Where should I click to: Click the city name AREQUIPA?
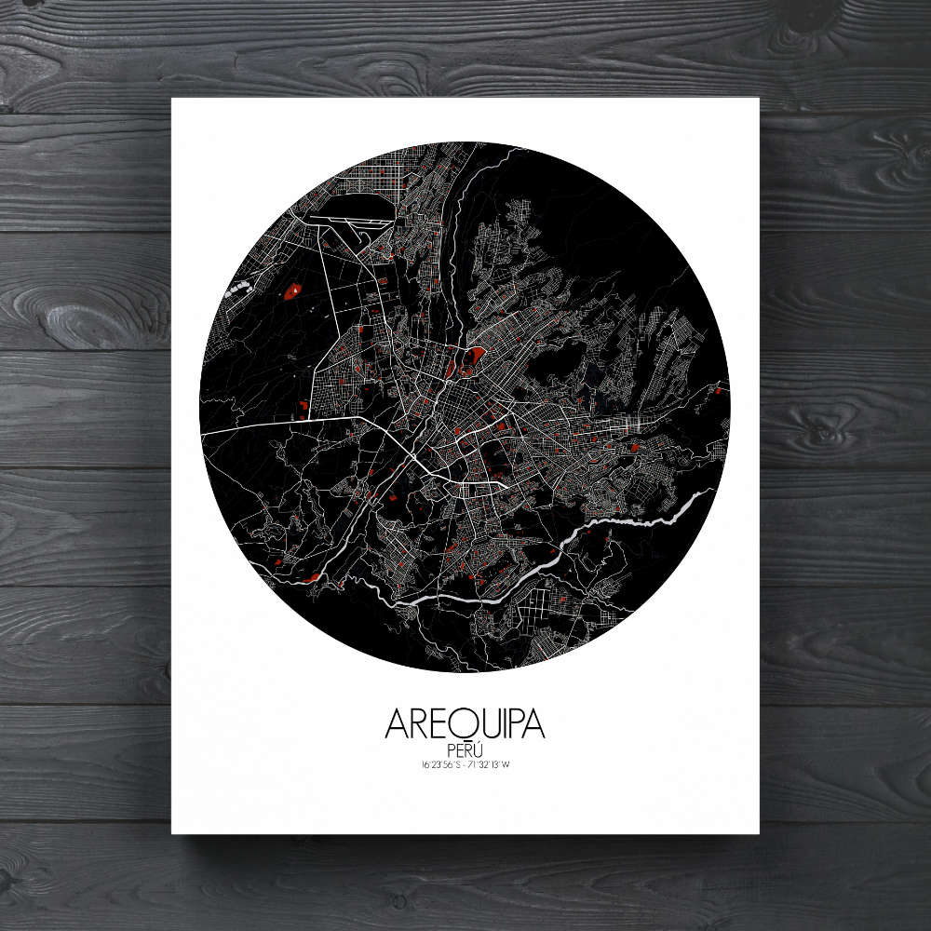coord(464,724)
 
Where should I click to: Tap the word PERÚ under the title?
coord(465,749)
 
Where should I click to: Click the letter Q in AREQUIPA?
coord(456,724)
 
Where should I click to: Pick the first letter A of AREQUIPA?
coord(395,725)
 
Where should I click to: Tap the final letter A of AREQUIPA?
coord(533,725)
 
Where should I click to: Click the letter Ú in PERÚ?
coord(478,749)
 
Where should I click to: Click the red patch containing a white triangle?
coord(293,291)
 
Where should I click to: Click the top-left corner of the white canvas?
coord(172,97)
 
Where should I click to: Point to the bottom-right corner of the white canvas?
coord(759,833)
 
